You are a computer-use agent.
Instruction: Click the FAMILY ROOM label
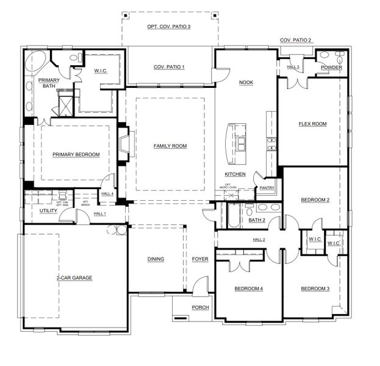point(170,146)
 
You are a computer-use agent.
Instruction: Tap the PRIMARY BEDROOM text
point(76,154)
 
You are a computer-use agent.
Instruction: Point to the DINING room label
point(156,259)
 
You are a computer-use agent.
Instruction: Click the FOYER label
point(200,259)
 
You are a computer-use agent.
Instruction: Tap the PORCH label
point(200,307)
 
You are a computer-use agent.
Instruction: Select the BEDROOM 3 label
point(315,289)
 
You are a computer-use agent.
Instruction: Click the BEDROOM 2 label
point(315,200)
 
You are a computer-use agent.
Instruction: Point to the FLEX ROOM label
point(312,124)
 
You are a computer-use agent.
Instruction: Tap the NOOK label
point(246,82)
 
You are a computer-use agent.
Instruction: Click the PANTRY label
point(267,188)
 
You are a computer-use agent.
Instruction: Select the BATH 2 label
point(256,220)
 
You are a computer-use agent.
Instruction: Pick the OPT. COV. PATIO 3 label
point(169,27)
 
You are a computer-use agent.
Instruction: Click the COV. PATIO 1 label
point(169,66)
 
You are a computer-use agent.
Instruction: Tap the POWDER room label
point(331,68)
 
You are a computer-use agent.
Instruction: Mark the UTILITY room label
point(48,211)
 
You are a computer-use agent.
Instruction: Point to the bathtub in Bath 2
point(233,215)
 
